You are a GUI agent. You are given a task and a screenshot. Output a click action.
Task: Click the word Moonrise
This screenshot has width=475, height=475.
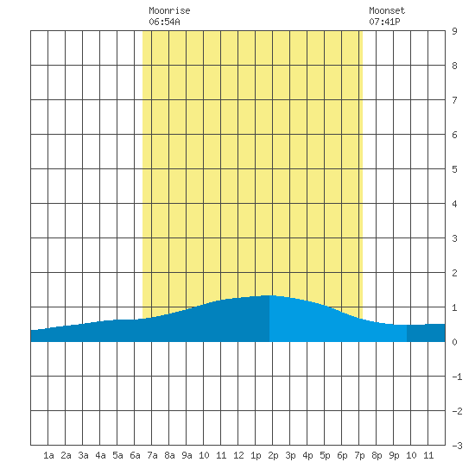[169, 10]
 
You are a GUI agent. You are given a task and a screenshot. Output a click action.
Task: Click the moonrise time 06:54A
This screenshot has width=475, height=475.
[164, 22]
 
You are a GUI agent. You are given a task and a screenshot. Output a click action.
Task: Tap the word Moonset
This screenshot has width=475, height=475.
[387, 10]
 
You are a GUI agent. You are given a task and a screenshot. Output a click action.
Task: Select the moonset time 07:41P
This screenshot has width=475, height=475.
[384, 22]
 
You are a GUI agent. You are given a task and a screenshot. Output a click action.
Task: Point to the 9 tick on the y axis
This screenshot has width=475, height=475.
[454, 31]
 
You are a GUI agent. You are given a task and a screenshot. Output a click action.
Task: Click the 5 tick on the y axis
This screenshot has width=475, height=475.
[454, 169]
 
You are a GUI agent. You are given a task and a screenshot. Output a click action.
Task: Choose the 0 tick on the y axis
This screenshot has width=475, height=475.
[454, 342]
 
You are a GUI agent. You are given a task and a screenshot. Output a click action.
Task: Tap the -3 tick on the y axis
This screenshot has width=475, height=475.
[457, 446]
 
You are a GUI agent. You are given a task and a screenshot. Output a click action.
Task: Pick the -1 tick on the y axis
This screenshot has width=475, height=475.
[457, 377]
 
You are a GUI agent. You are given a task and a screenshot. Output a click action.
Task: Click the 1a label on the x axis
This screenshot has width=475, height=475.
[48, 455]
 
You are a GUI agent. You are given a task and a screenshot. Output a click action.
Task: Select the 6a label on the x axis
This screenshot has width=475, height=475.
[135, 455]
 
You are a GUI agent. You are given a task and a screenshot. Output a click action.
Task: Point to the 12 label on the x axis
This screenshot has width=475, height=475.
[238, 455]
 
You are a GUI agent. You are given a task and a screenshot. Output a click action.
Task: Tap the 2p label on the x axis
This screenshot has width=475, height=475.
[273, 455]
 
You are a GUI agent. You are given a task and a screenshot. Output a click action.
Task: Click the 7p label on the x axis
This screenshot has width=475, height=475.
[359, 455]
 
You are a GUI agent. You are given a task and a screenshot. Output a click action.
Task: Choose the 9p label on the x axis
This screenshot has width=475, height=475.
[394, 455]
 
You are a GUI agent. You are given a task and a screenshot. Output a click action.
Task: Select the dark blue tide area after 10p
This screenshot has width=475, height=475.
[426, 332]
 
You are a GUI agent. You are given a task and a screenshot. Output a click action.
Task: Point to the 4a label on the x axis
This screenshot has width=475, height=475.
[100, 455]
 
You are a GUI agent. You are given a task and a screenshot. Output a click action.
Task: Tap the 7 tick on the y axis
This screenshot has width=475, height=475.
[454, 100]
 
